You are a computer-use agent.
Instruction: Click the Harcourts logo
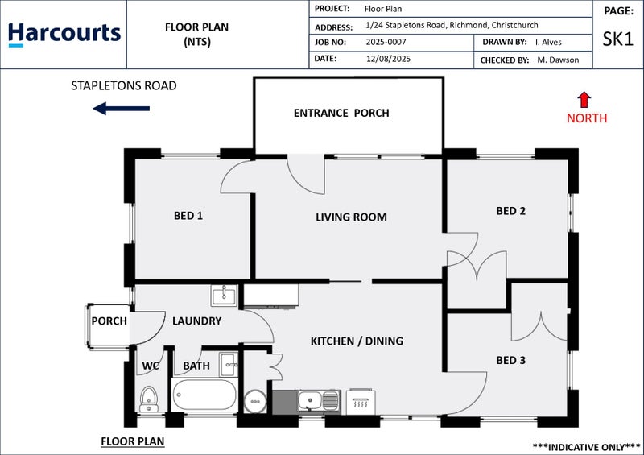64,35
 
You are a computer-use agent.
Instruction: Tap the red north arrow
584,99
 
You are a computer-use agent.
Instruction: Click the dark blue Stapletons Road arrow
122,109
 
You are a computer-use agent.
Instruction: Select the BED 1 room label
188,215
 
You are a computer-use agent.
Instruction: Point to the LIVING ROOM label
351,217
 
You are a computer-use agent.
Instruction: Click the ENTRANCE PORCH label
341,113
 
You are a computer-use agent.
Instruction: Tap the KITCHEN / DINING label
357,341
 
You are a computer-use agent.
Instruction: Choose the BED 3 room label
511,360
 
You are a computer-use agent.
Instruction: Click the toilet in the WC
148,398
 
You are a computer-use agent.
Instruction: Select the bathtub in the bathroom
204,395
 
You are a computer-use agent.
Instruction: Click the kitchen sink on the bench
310,399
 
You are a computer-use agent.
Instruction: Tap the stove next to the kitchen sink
360,400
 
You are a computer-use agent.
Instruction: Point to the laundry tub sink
224,296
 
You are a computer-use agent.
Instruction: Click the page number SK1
617,39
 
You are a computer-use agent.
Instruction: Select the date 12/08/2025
389,59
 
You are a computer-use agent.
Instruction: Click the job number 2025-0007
387,42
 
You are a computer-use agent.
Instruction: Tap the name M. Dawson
558,60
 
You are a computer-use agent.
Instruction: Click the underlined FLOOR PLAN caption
132,441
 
